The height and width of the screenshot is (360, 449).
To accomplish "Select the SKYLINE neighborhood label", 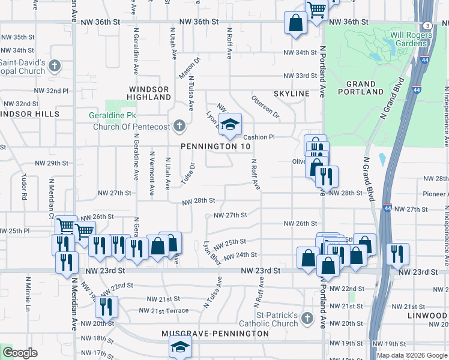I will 291,94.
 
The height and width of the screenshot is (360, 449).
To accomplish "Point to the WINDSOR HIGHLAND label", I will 150,92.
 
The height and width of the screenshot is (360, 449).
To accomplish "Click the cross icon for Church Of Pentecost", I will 179,126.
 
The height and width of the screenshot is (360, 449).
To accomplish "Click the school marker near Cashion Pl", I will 229,125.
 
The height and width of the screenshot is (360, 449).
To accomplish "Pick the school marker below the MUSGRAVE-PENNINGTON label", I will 179,347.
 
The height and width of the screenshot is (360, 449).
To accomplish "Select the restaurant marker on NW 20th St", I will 106,307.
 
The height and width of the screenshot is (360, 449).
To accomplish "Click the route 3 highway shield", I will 427,25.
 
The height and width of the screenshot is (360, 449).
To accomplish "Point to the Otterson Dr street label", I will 266,105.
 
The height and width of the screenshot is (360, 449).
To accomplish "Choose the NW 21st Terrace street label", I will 164,310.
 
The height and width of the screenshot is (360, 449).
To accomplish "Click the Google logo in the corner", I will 20,353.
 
